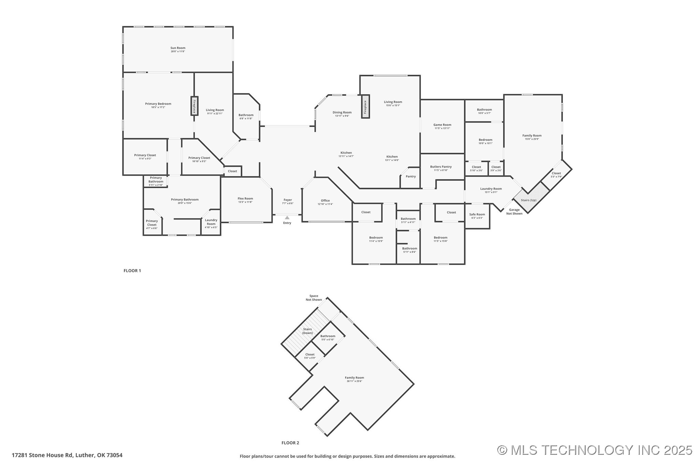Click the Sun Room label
[178, 48]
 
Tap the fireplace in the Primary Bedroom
[194, 106]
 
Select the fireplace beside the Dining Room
[365, 107]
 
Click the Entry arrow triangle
[287, 218]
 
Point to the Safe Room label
[477, 215]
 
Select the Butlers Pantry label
[441, 167]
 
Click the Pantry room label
[411, 177]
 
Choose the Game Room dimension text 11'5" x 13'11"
[442, 128]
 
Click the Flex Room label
[245, 199]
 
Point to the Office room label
[325, 201]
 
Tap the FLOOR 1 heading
[132, 271]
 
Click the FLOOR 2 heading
[290, 443]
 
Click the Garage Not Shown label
[514, 212]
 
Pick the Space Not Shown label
[313, 298]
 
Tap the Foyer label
[287, 200]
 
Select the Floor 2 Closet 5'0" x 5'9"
[310, 356]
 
